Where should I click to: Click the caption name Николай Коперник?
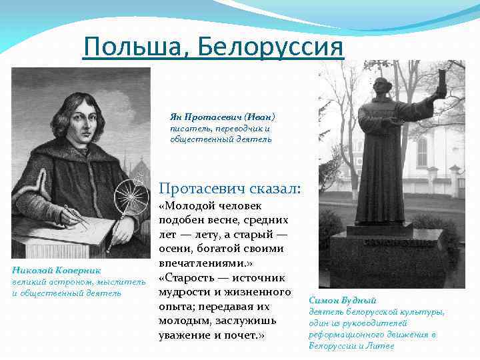(x=56, y=270)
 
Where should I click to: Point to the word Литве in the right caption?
(x=381, y=346)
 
